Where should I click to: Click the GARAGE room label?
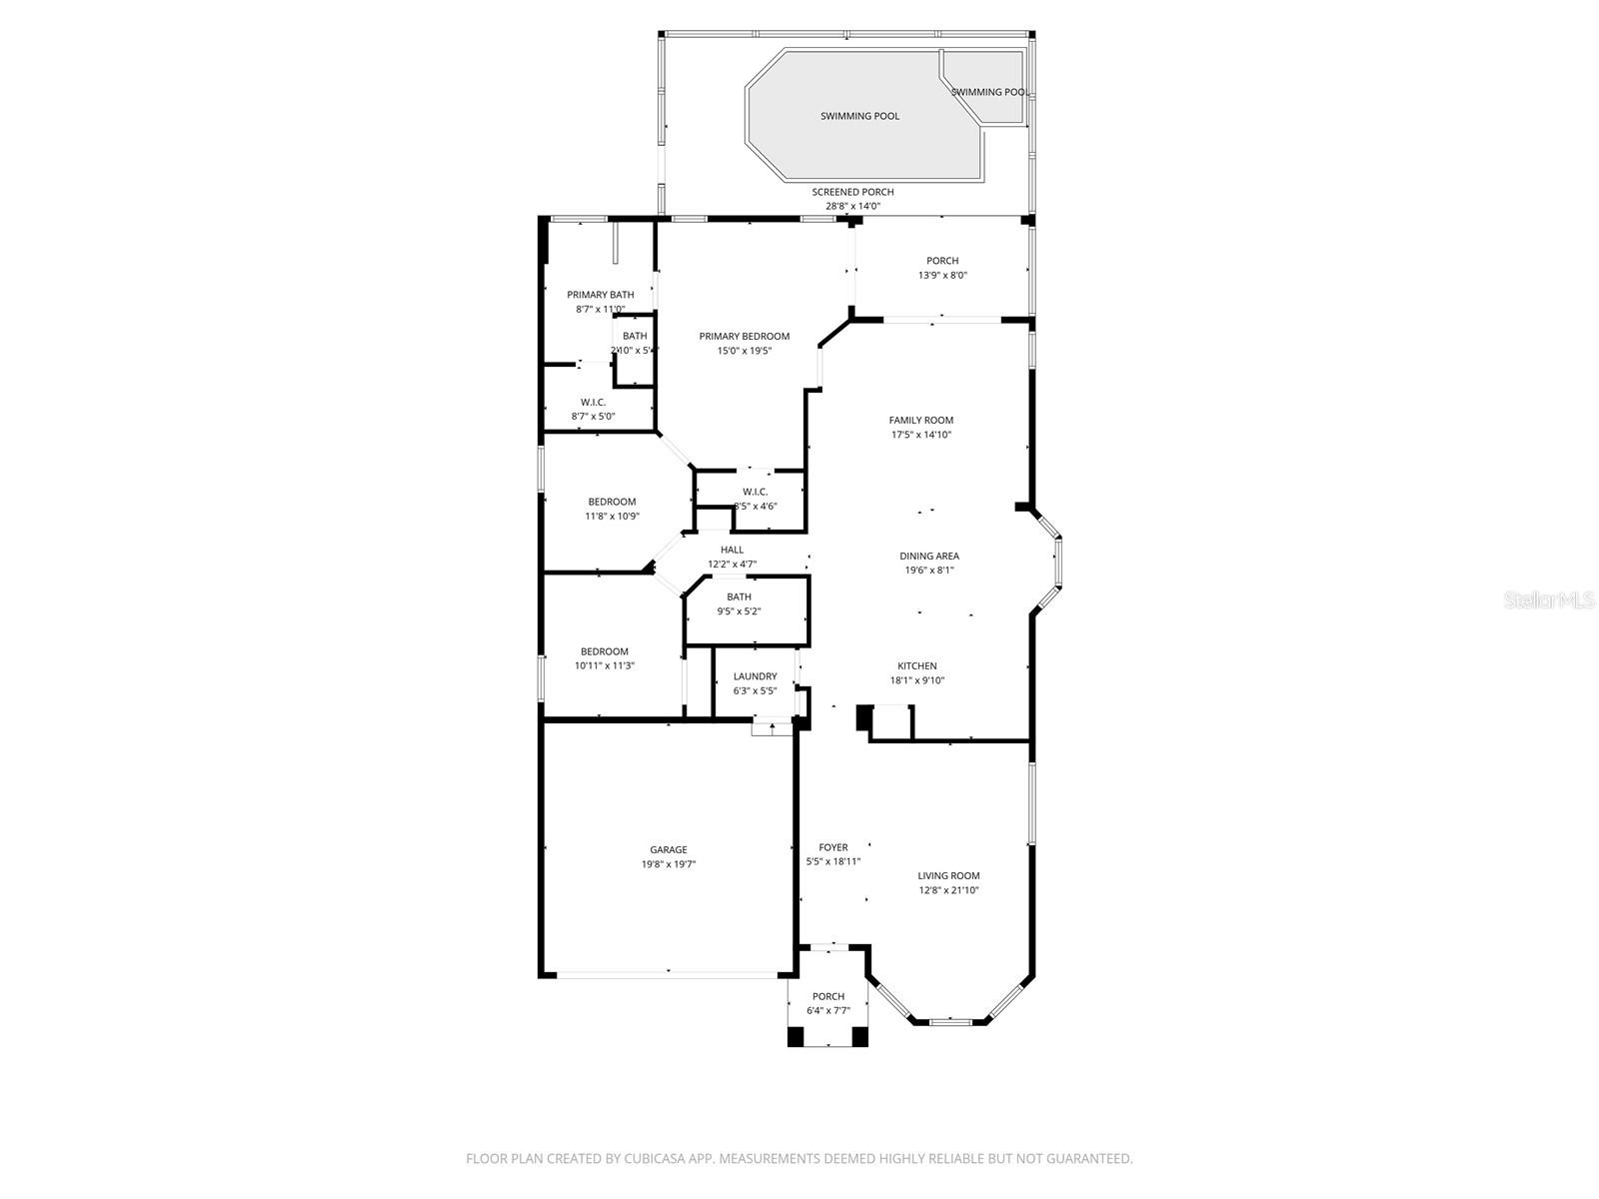(x=669, y=850)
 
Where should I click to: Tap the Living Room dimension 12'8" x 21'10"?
(x=948, y=890)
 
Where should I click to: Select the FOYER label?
(x=832, y=847)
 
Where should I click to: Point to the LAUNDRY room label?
(x=755, y=676)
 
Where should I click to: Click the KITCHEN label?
(x=916, y=666)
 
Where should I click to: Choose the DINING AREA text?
(x=929, y=557)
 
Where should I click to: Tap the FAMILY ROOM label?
(x=921, y=421)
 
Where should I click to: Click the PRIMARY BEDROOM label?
(x=744, y=337)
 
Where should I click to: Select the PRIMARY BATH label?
(x=600, y=295)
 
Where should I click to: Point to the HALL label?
(x=732, y=550)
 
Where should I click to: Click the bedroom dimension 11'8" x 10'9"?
(x=612, y=517)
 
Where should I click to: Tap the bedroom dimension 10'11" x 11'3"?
(x=605, y=665)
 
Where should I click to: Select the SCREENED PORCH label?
(x=852, y=192)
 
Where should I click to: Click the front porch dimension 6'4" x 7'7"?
(x=827, y=1010)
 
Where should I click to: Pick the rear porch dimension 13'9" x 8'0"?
(x=942, y=275)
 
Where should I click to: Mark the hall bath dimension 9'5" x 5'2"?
(x=739, y=611)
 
